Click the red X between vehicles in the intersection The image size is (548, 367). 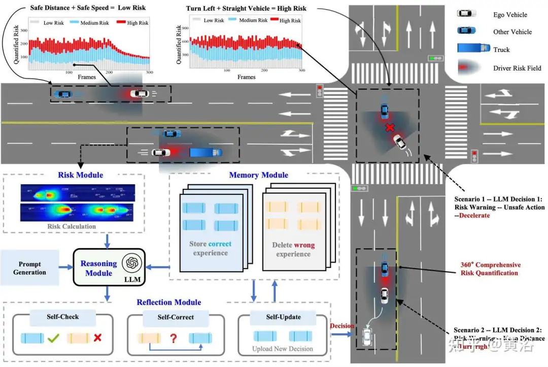tap(390, 127)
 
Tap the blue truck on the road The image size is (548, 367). tap(205, 152)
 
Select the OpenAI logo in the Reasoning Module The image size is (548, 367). tap(132, 263)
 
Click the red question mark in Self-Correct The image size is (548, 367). tap(173, 338)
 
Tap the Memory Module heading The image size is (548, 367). tap(258, 175)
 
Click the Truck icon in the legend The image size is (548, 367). tap(469, 48)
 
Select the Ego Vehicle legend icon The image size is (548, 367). tap(467, 14)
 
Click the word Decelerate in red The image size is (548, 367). tap(475, 215)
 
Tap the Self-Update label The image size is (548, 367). tap(283, 317)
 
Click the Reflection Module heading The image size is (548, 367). tap(168, 303)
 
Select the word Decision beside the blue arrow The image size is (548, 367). tap(341, 325)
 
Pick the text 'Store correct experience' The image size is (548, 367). tap(210, 248)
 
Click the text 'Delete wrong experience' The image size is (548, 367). tap(293, 249)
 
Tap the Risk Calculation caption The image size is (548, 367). tap(72, 226)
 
